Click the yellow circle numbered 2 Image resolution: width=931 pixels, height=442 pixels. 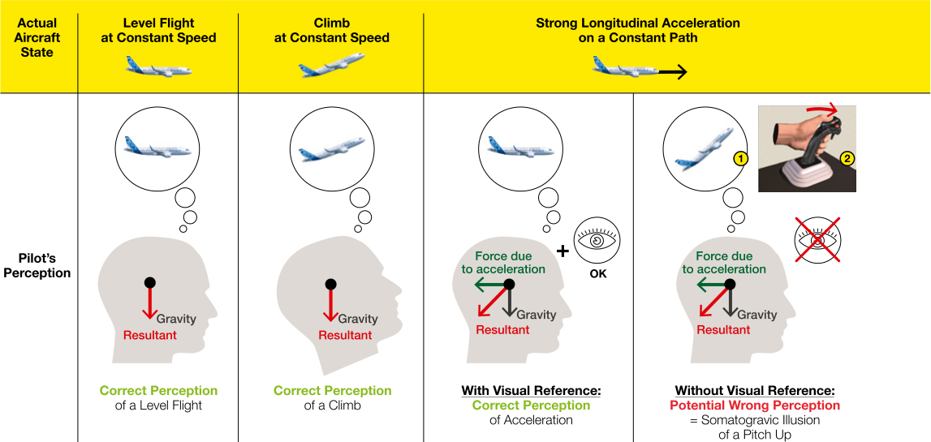pyautogui.click(x=847, y=158)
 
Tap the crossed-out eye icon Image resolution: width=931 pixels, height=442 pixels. pyautogui.click(x=817, y=239)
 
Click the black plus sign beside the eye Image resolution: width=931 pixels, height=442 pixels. pyautogui.click(x=562, y=251)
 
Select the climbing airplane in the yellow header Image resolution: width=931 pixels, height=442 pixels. pyautogui.click(x=330, y=65)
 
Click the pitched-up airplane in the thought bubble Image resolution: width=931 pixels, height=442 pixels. pyautogui.click(x=704, y=148)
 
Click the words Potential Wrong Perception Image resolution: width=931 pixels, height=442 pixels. pyautogui.click(x=755, y=406)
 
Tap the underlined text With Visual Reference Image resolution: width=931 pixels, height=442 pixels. pyautogui.click(x=532, y=392)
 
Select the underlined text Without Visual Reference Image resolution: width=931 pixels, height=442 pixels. pyautogui.click(x=755, y=392)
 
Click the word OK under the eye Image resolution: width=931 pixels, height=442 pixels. pyautogui.click(x=597, y=274)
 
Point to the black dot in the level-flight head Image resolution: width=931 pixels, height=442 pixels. pyautogui.click(x=150, y=282)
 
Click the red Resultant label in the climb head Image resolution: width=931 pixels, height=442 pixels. pyautogui.click(x=346, y=335)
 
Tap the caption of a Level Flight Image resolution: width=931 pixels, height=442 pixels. pyautogui.click(x=158, y=406)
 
